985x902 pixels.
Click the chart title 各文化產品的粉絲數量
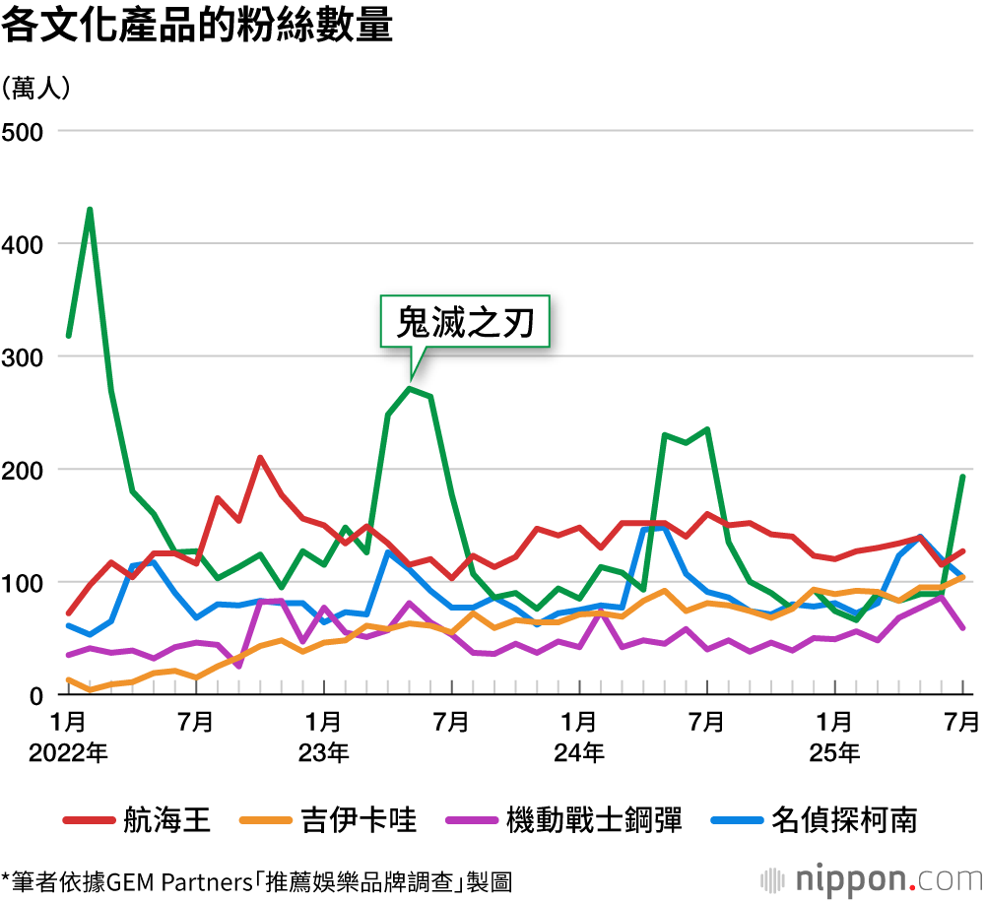(197, 27)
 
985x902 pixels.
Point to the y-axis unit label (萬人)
(36, 89)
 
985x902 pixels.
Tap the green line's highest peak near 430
(90, 210)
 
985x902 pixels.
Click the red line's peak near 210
(259, 457)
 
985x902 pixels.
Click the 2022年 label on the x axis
(68, 754)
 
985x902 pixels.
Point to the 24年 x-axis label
(579, 754)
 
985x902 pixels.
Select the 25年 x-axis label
(834, 754)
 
